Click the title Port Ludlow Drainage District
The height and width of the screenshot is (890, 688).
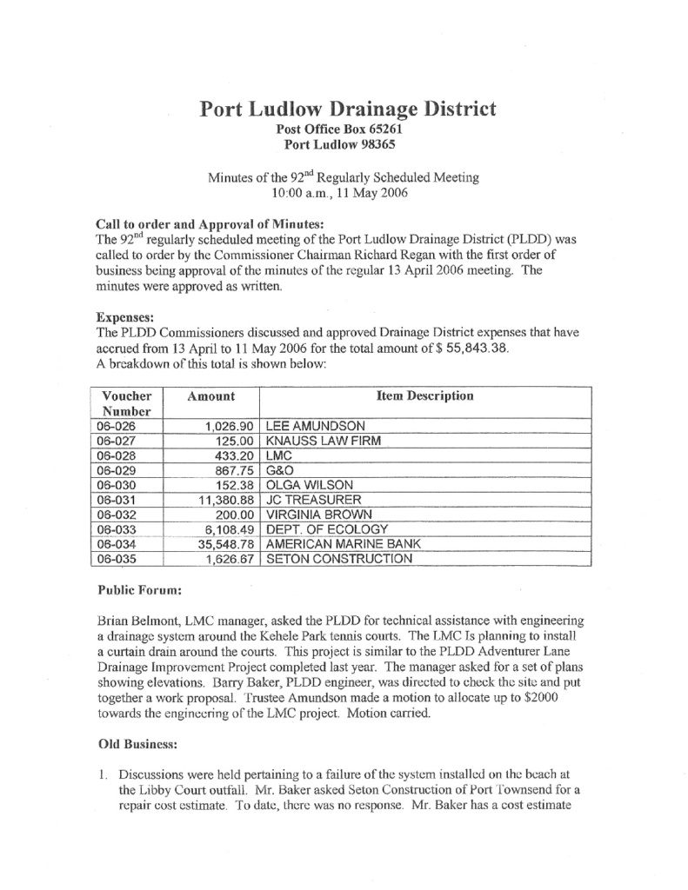[348, 110]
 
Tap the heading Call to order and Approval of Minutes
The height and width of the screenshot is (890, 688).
[208, 222]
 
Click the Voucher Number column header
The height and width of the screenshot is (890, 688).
[127, 403]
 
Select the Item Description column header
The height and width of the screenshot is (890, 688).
[424, 396]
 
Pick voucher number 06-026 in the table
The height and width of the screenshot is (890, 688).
[117, 427]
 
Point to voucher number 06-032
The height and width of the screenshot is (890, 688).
[117, 515]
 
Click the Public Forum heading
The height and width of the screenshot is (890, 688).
[139, 591]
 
